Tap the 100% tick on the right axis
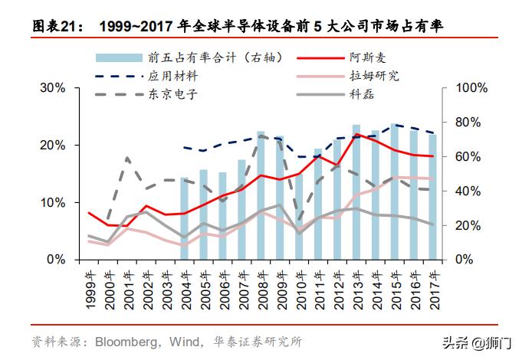click(x=467, y=88)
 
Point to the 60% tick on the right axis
click(x=464, y=156)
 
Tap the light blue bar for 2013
click(x=356, y=191)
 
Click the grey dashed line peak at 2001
click(x=126, y=159)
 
